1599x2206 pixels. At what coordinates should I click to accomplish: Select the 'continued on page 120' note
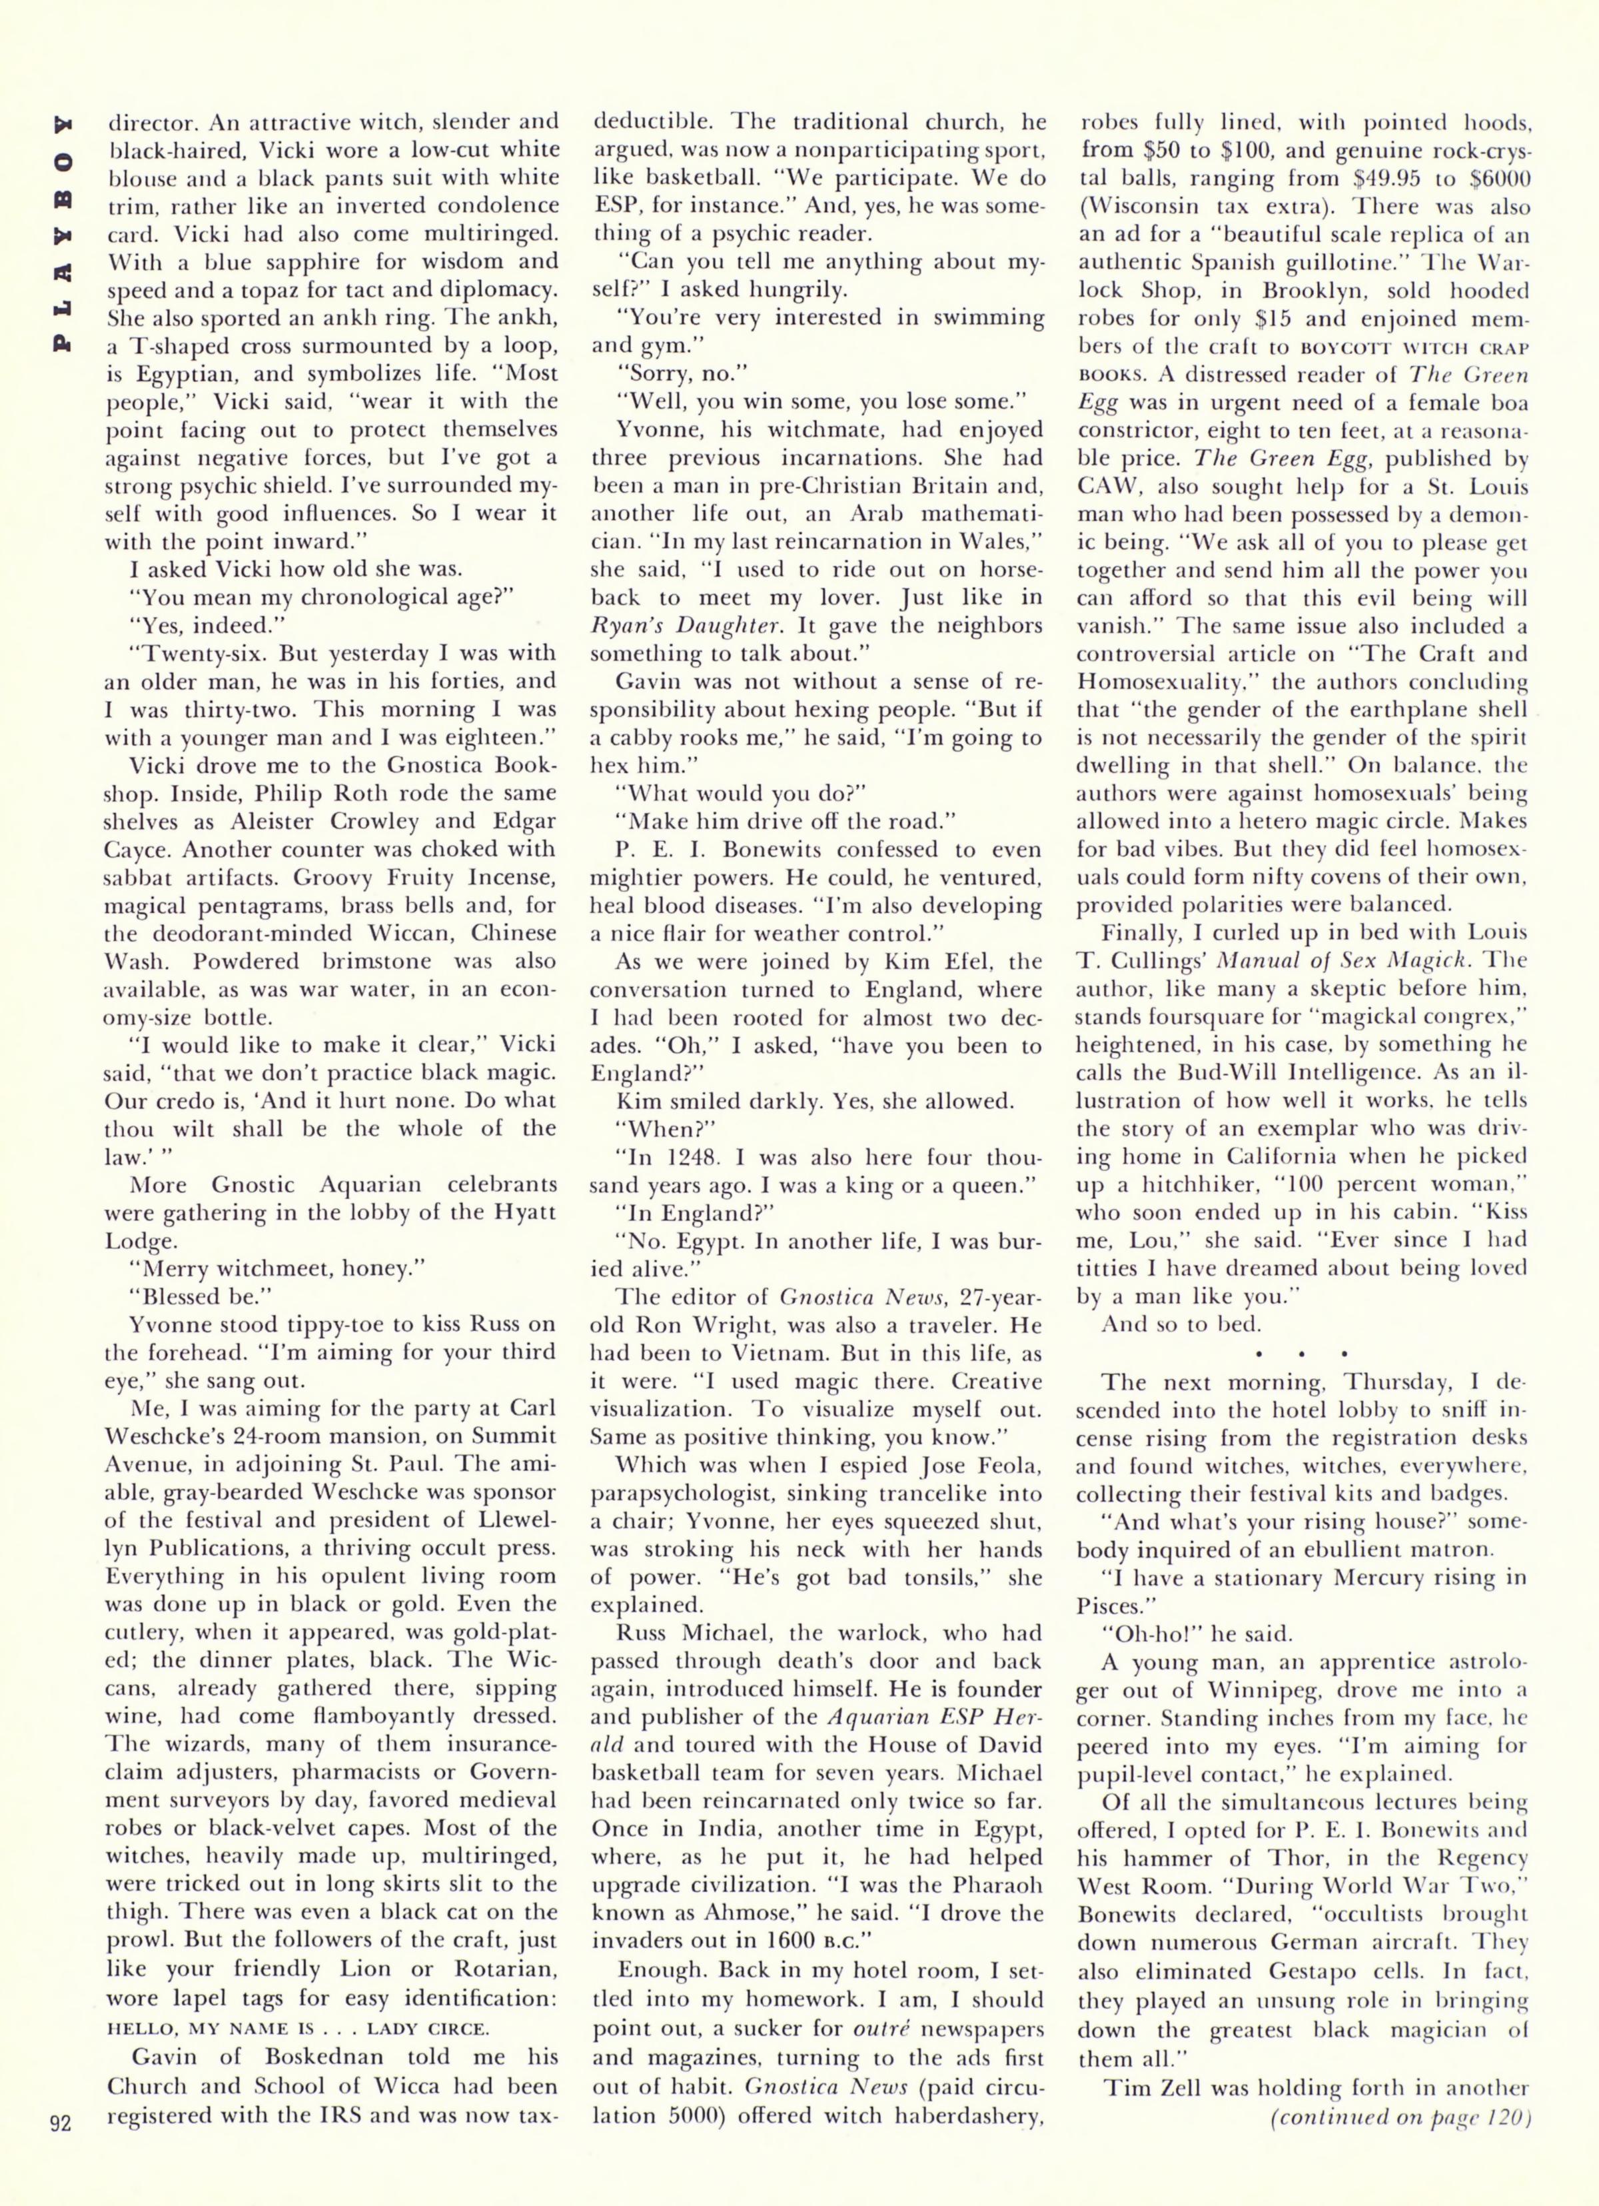tap(1400, 2169)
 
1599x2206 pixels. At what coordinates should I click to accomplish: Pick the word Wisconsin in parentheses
tap(1142, 207)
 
